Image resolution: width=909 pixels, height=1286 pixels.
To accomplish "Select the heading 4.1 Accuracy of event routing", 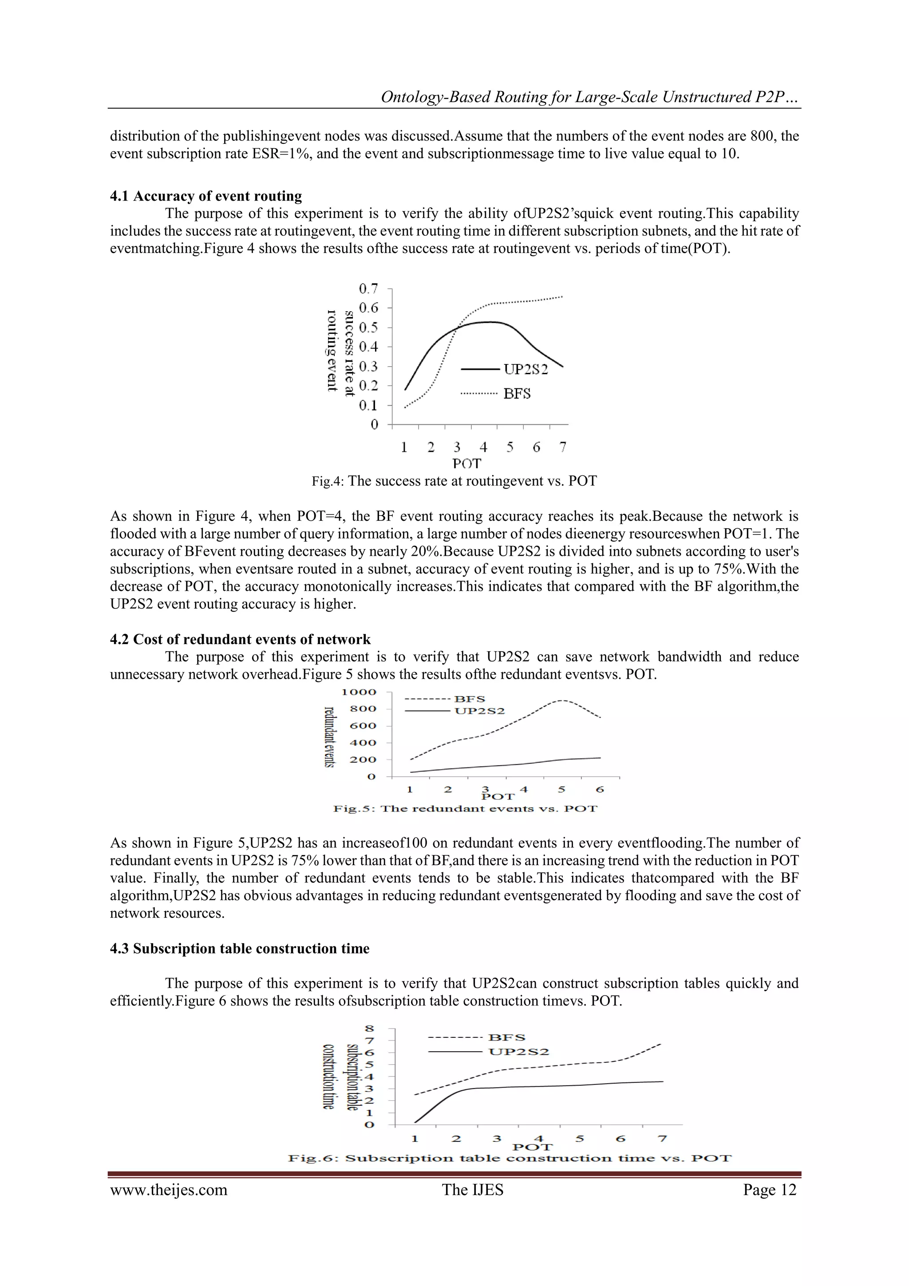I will coord(206,196).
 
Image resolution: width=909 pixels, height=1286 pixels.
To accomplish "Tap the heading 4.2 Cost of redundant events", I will coord(240,639).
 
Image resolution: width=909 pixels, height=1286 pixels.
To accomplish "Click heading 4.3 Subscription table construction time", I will coord(239,948).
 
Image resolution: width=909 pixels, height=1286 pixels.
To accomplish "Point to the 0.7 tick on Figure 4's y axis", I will coord(368,289).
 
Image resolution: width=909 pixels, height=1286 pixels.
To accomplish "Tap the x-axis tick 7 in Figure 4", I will coord(562,447).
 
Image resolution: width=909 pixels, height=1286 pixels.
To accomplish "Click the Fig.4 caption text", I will coord(454,481).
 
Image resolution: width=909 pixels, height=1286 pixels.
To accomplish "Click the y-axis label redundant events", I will coord(330,737).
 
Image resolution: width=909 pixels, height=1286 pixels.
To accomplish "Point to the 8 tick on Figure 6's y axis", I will coord(369,1029).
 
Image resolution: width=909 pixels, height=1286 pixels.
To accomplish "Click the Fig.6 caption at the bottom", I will coord(510,1158).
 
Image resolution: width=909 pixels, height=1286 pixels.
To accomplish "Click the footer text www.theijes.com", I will coord(169,1190).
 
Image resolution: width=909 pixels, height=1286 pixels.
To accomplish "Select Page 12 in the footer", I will coord(770,1190).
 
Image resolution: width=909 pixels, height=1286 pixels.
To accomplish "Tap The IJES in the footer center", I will coord(472,1190).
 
